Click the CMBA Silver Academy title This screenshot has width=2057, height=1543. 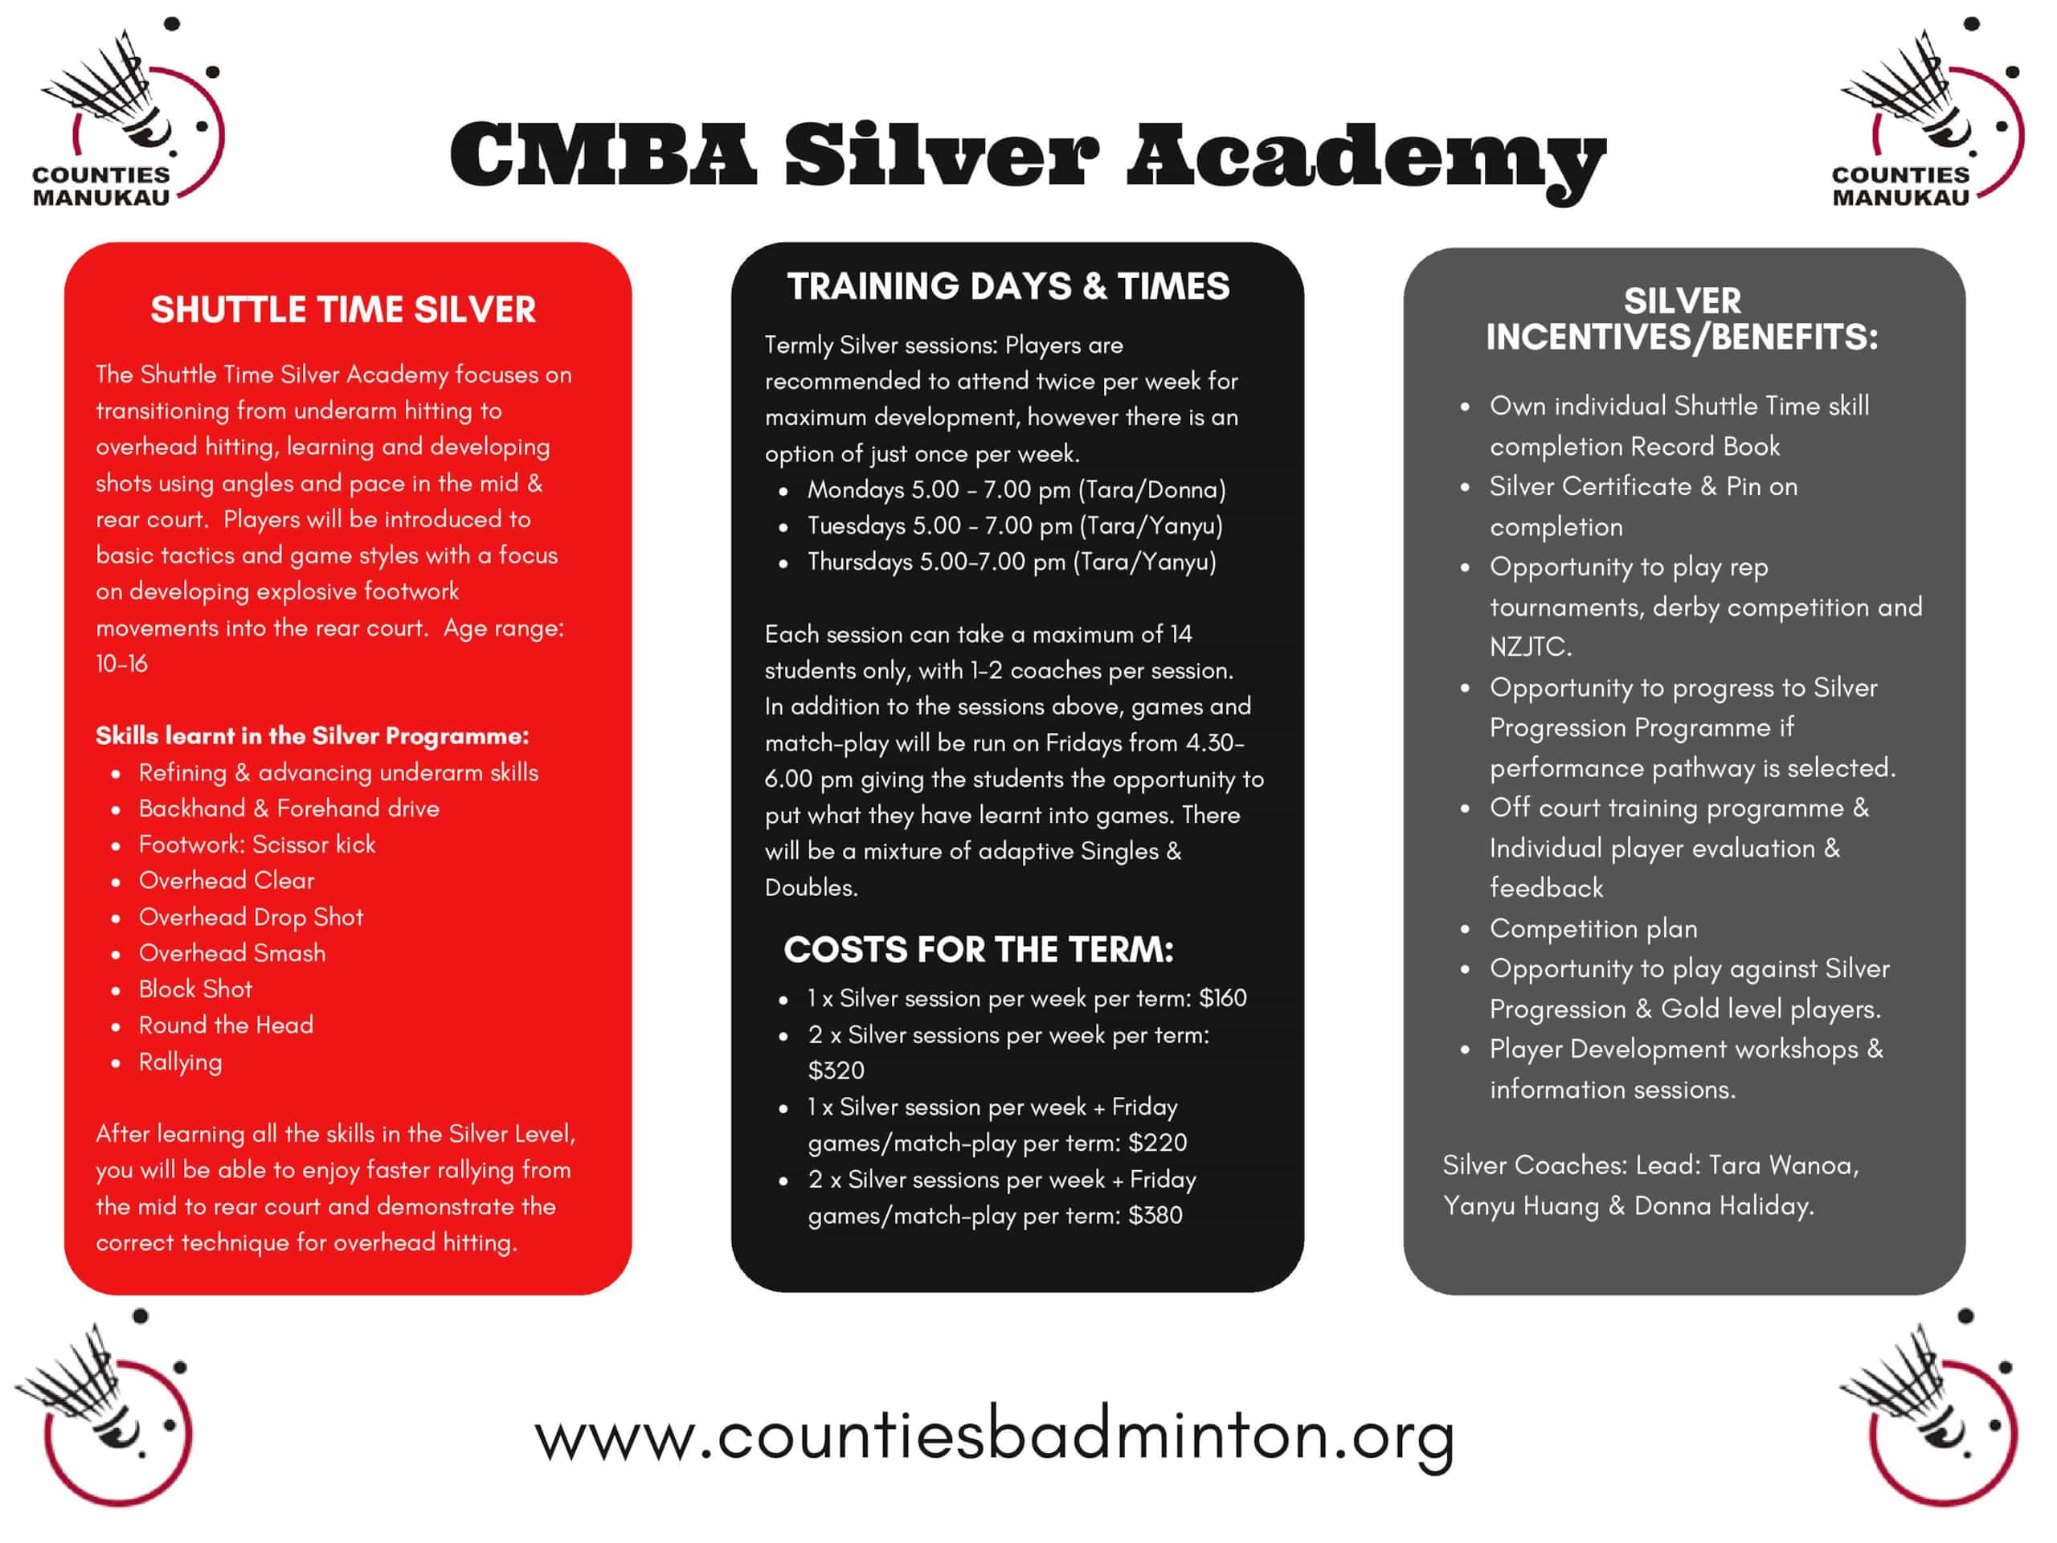[1027, 156]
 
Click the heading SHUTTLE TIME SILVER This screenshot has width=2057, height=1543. [343, 309]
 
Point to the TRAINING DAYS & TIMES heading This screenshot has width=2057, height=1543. [1008, 286]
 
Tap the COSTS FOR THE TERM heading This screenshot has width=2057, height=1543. [979, 950]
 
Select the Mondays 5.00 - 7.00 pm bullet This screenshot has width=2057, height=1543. [1016, 489]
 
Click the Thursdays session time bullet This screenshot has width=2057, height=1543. [1011, 562]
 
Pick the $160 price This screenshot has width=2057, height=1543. [1222, 998]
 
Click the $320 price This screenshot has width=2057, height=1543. [836, 1070]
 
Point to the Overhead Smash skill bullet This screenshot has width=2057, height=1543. [231, 952]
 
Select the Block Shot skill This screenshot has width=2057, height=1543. [194, 988]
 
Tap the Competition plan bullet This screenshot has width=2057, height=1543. [1593, 928]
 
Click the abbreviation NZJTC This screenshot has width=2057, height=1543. [1529, 646]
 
